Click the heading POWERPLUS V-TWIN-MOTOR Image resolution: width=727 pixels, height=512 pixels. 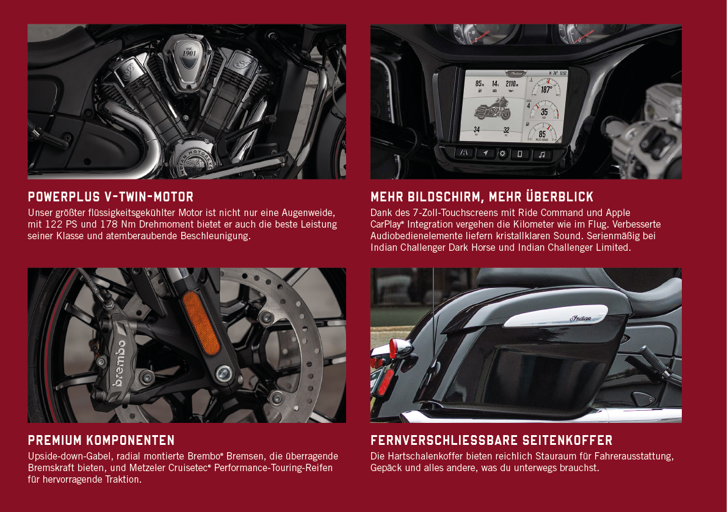tap(110, 197)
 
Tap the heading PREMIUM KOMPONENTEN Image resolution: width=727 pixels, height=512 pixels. tap(101, 440)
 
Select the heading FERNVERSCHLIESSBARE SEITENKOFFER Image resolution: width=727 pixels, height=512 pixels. tap(491, 440)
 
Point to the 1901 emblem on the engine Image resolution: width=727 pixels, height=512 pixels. tap(189, 52)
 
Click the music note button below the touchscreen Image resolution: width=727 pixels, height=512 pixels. tap(541, 154)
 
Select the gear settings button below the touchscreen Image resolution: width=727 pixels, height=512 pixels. tap(502, 154)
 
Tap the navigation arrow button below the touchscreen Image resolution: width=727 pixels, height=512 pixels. tap(485, 153)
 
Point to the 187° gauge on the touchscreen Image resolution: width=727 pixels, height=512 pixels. tap(546, 88)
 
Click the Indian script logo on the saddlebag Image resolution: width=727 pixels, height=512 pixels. tap(581, 318)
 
